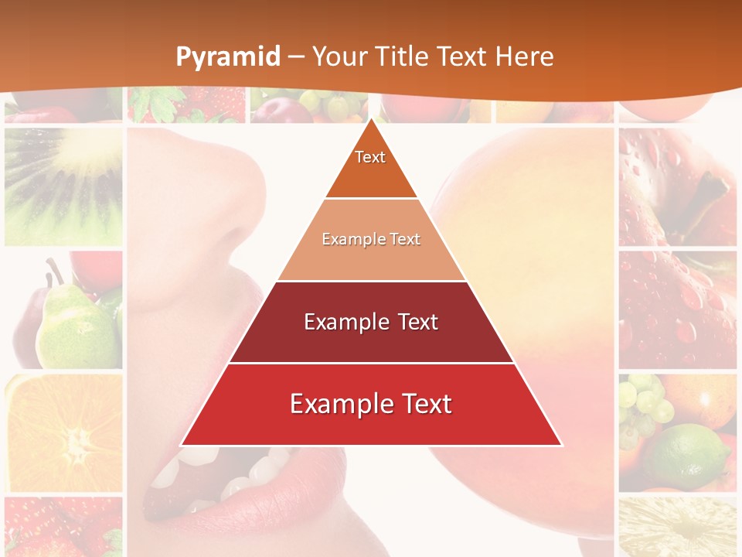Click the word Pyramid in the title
(x=228, y=57)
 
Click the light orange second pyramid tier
(x=371, y=240)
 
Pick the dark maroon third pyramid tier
(x=371, y=322)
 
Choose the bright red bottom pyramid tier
(x=371, y=405)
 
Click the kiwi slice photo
(x=63, y=186)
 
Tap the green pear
(x=73, y=325)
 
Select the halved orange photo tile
(x=63, y=433)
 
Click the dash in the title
(x=296, y=57)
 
